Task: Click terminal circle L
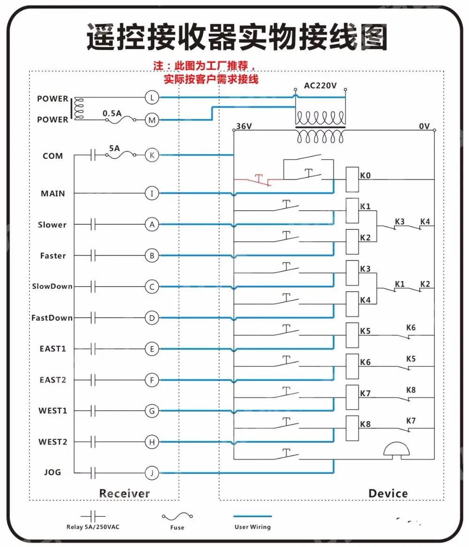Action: click(152, 98)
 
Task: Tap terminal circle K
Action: click(152, 155)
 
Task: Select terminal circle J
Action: click(152, 473)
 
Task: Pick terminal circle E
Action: click(152, 349)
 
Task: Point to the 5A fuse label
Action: click(114, 148)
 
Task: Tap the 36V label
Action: click(244, 126)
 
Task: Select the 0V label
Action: click(424, 126)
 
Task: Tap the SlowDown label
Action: click(52, 286)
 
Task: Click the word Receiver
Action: click(124, 493)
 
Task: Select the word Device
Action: click(388, 493)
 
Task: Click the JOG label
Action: click(53, 472)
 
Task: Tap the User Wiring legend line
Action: click(252, 516)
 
